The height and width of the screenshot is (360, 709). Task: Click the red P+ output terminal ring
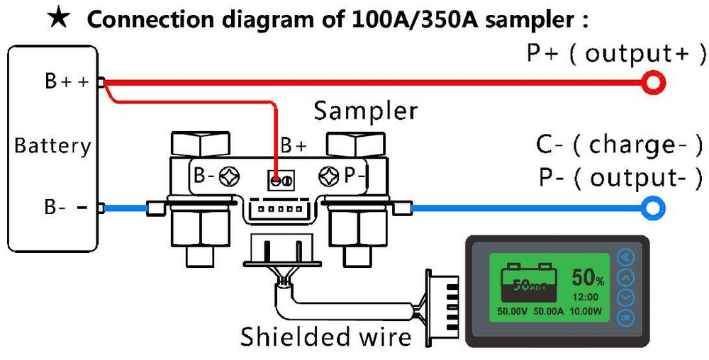(653, 84)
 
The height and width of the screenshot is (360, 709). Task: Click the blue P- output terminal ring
(653, 208)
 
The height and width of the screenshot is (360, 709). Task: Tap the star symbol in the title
(60, 17)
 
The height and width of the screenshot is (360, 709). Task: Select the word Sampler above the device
(365, 111)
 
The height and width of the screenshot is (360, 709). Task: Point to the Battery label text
(52, 146)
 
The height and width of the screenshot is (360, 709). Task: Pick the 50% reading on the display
(588, 277)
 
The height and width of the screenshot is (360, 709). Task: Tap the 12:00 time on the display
(586, 297)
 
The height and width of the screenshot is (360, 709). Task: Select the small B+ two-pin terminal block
(281, 181)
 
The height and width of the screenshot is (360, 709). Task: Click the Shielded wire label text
(325, 337)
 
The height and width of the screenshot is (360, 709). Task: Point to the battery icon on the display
(526, 283)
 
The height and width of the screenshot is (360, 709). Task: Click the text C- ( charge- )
(619, 145)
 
